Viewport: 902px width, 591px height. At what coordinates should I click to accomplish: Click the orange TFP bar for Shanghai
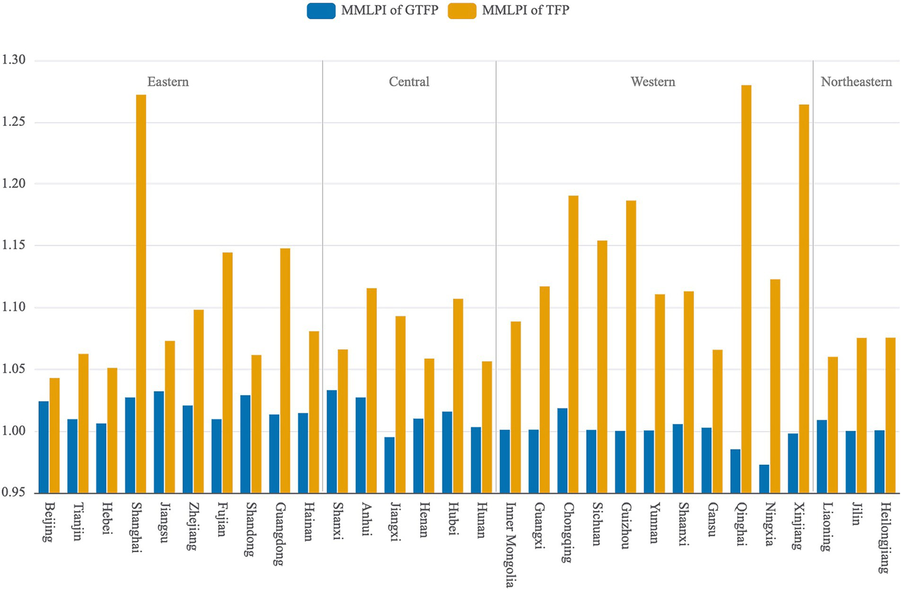(141, 293)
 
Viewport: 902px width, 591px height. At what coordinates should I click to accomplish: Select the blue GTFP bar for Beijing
(44, 447)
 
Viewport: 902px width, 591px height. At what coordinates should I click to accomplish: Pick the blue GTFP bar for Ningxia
(764, 478)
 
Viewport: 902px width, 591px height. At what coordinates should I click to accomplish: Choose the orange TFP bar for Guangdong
(285, 370)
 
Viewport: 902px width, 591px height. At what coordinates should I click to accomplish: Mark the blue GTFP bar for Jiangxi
(390, 465)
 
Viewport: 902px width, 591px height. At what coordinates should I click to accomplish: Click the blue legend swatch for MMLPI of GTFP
(321, 11)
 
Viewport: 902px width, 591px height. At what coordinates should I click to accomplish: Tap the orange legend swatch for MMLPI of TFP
(462, 11)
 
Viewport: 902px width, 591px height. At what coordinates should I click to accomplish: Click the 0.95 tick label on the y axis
(14, 492)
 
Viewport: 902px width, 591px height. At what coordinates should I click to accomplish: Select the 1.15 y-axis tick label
(14, 245)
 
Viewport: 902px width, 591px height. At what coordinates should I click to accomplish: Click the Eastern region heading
(168, 82)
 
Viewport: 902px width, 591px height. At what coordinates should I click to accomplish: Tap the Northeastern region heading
(856, 82)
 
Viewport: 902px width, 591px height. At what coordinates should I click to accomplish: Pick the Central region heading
(409, 82)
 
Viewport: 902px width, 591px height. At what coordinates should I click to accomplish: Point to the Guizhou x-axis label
(625, 525)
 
